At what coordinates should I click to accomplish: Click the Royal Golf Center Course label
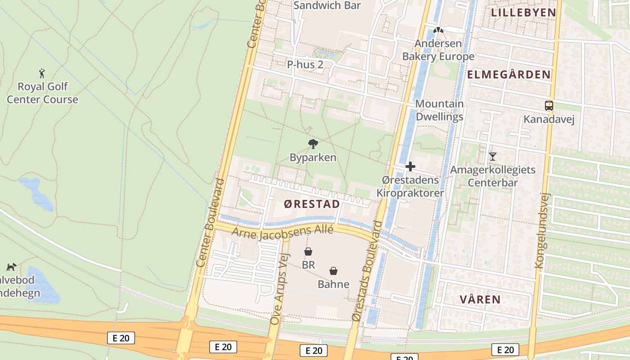(x=42, y=93)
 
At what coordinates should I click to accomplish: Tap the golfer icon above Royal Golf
(x=42, y=73)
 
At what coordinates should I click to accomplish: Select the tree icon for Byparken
(x=313, y=144)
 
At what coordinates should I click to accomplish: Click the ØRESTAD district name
(x=312, y=204)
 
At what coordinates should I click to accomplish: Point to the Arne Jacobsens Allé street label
(x=282, y=232)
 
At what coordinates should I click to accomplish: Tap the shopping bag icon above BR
(x=308, y=252)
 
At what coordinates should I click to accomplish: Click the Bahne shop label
(x=333, y=284)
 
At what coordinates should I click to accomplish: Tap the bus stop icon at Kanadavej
(x=549, y=106)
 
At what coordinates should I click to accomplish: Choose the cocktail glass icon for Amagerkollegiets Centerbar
(x=493, y=157)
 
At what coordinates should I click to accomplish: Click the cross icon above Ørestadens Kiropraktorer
(x=410, y=166)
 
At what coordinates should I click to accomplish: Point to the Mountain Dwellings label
(x=439, y=110)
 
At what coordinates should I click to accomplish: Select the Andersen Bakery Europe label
(x=438, y=50)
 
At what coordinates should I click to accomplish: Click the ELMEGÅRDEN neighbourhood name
(x=509, y=75)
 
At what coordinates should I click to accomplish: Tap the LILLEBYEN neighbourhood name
(x=523, y=13)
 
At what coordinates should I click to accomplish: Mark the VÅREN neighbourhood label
(x=480, y=299)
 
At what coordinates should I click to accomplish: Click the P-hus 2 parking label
(x=305, y=64)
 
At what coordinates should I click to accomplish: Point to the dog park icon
(x=11, y=267)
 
